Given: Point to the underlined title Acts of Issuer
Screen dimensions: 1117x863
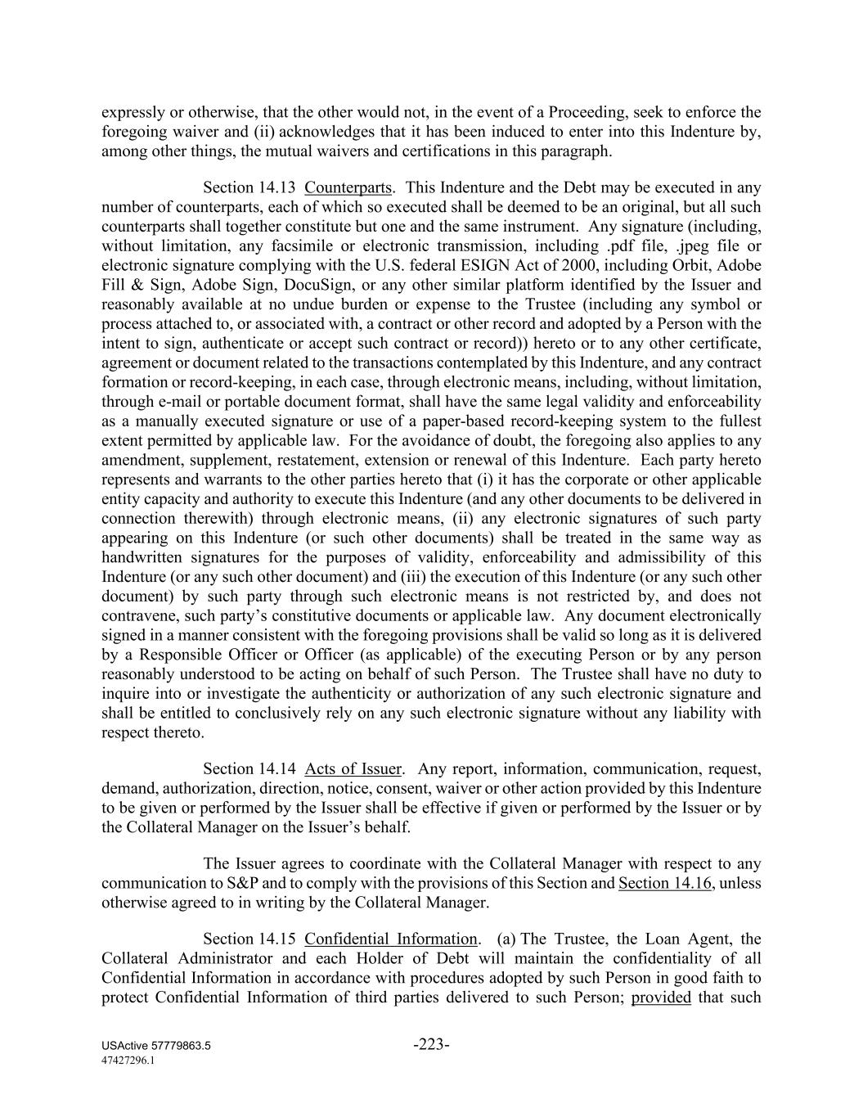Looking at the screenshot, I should (x=353, y=769).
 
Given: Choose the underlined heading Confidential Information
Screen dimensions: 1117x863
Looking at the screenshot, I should (x=390, y=939).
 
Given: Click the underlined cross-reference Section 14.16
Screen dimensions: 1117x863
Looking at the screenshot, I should (x=665, y=884).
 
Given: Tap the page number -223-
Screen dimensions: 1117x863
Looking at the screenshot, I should (x=431, y=1044).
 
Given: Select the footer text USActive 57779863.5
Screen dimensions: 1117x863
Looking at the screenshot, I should (x=156, y=1047).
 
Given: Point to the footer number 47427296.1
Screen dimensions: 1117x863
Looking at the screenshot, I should (x=128, y=1060).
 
